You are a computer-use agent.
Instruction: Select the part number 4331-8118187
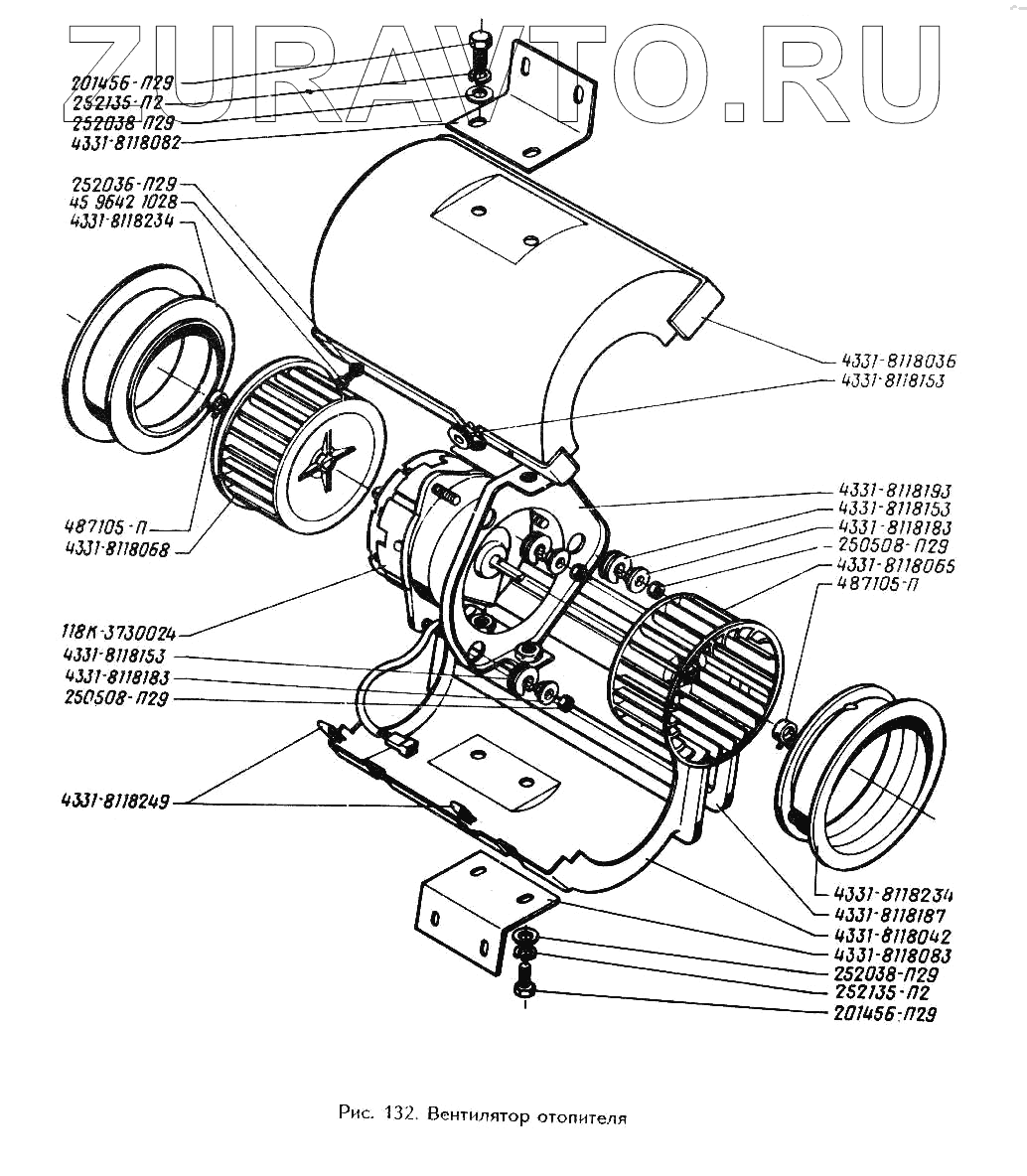890,916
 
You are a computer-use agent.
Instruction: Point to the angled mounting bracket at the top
541,104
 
